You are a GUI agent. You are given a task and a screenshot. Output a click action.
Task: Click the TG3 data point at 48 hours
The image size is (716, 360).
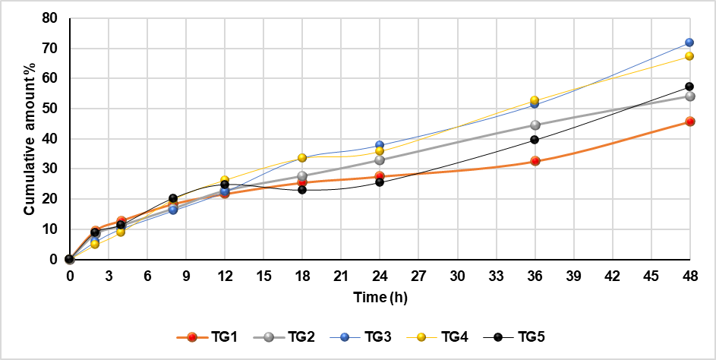coord(689,43)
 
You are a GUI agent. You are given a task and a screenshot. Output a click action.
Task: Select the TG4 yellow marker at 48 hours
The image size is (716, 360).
coord(689,56)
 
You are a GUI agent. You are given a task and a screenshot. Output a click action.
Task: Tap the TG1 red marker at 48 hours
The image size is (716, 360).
coord(689,122)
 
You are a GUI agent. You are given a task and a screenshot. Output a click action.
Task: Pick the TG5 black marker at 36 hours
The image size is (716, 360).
coord(535,140)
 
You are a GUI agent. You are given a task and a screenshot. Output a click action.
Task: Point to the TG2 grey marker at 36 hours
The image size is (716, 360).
coord(535,125)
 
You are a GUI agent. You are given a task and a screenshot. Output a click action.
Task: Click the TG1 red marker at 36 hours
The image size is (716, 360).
coord(535,161)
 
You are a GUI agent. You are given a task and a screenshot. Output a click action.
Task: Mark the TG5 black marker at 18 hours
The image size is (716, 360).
coord(302,190)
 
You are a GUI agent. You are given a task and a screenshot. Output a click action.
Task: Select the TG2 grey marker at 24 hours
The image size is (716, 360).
coord(380,160)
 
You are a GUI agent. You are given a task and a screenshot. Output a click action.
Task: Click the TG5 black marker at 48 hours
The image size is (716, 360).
coord(689,87)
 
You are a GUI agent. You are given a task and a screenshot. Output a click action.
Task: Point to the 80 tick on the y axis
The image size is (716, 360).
coord(52,18)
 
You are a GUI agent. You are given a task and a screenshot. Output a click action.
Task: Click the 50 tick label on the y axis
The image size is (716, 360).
coord(52,109)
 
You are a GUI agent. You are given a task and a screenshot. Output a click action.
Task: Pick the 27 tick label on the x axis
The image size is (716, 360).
coord(418,276)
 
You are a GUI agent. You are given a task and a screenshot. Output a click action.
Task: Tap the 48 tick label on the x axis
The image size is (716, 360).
coord(689,276)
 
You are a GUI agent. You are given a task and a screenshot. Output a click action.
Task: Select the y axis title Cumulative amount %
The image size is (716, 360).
coord(29,139)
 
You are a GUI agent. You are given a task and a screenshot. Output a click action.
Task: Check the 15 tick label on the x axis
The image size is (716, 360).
coord(263,276)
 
